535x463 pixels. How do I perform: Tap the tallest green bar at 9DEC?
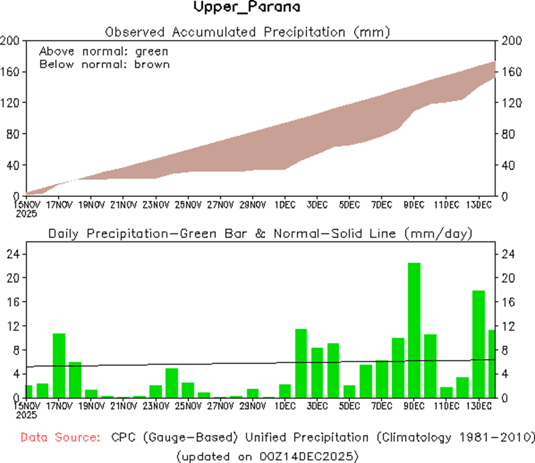coord(414,330)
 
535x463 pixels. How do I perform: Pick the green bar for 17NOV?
coord(59,365)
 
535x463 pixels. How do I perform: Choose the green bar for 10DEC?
coord(430,366)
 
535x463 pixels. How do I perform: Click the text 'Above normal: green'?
coord(104,52)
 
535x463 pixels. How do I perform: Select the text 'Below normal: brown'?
coord(104,64)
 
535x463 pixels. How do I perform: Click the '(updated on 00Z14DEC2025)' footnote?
coord(267,456)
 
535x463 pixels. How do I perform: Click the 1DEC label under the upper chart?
coord(285,205)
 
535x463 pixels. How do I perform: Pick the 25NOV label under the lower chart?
coord(188,406)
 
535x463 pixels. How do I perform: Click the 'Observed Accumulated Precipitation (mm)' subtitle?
coord(247,32)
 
